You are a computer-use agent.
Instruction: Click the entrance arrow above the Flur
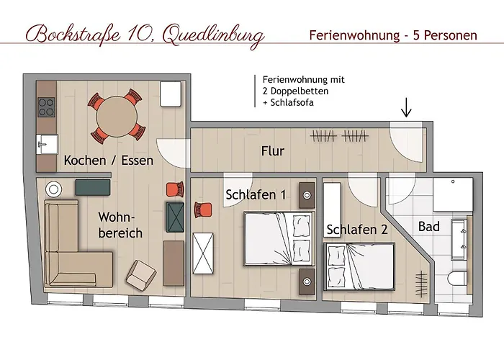pos(407,107)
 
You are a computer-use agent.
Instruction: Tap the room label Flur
pos(273,151)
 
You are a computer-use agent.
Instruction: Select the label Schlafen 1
pos(256,194)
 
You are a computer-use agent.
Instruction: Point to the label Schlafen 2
pos(357,230)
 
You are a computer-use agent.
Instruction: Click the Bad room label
pos(429,227)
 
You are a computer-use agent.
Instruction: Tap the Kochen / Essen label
pos(109,161)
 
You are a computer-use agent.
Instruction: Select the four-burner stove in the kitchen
pos(46,107)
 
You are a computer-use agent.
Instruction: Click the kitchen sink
pos(46,141)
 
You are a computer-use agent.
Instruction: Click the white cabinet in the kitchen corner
pos(171,94)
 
